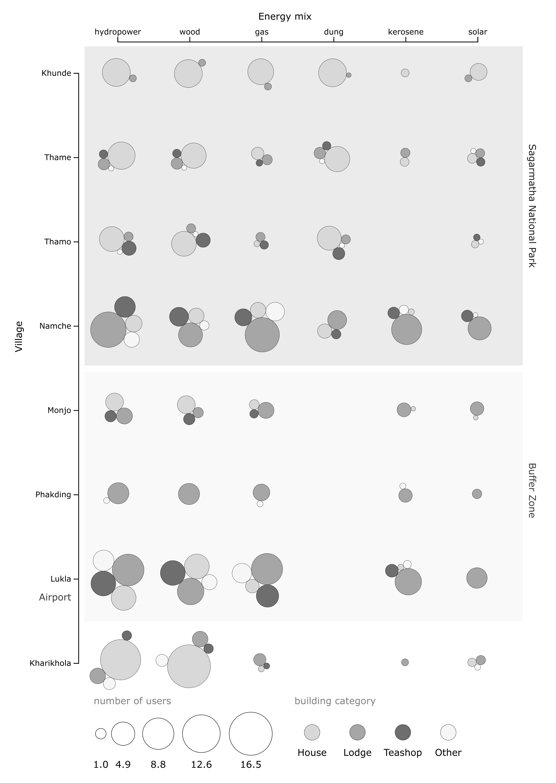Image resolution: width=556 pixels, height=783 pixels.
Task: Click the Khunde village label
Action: pyautogui.click(x=56, y=73)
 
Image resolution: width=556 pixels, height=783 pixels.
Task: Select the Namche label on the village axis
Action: pyautogui.click(x=55, y=326)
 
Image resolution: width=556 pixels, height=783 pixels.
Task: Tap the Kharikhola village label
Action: pyautogui.click(x=50, y=663)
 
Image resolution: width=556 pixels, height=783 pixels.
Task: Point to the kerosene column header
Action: pyautogui.click(x=406, y=32)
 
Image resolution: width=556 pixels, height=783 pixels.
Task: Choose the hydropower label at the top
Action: pyautogui.click(x=118, y=32)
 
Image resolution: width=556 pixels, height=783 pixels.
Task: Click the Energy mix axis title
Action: pyautogui.click(x=285, y=17)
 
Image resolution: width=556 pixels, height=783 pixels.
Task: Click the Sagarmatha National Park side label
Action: pyautogui.click(x=531, y=205)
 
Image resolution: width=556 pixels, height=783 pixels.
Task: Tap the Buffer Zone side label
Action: pyautogui.click(x=531, y=491)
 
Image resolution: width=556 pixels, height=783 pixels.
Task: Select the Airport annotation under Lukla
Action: pyautogui.click(x=55, y=597)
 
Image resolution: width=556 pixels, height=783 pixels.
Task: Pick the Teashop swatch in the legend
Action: pyautogui.click(x=403, y=732)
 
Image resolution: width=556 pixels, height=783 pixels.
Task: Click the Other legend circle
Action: pyautogui.click(x=448, y=732)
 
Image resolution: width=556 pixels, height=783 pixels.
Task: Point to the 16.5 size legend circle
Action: pyautogui.click(x=251, y=734)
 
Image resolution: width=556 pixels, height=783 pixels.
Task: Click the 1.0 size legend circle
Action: pyautogui.click(x=101, y=734)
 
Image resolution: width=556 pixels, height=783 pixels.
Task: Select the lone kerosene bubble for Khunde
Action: pyautogui.click(x=405, y=73)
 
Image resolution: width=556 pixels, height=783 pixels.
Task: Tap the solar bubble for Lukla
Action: pyautogui.click(x=477, y=578)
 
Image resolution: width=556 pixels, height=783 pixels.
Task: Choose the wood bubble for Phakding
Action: pyautogui.click(x=189, y=494)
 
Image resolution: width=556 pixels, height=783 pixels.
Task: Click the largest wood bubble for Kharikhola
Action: pyautogui.click(x=189, y=666)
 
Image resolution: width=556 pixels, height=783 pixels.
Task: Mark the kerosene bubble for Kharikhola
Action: pyautogui.click(x=405, y=662)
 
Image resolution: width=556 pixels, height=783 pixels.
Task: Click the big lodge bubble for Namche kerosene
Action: pyautogui.click(x=407, y=329)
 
